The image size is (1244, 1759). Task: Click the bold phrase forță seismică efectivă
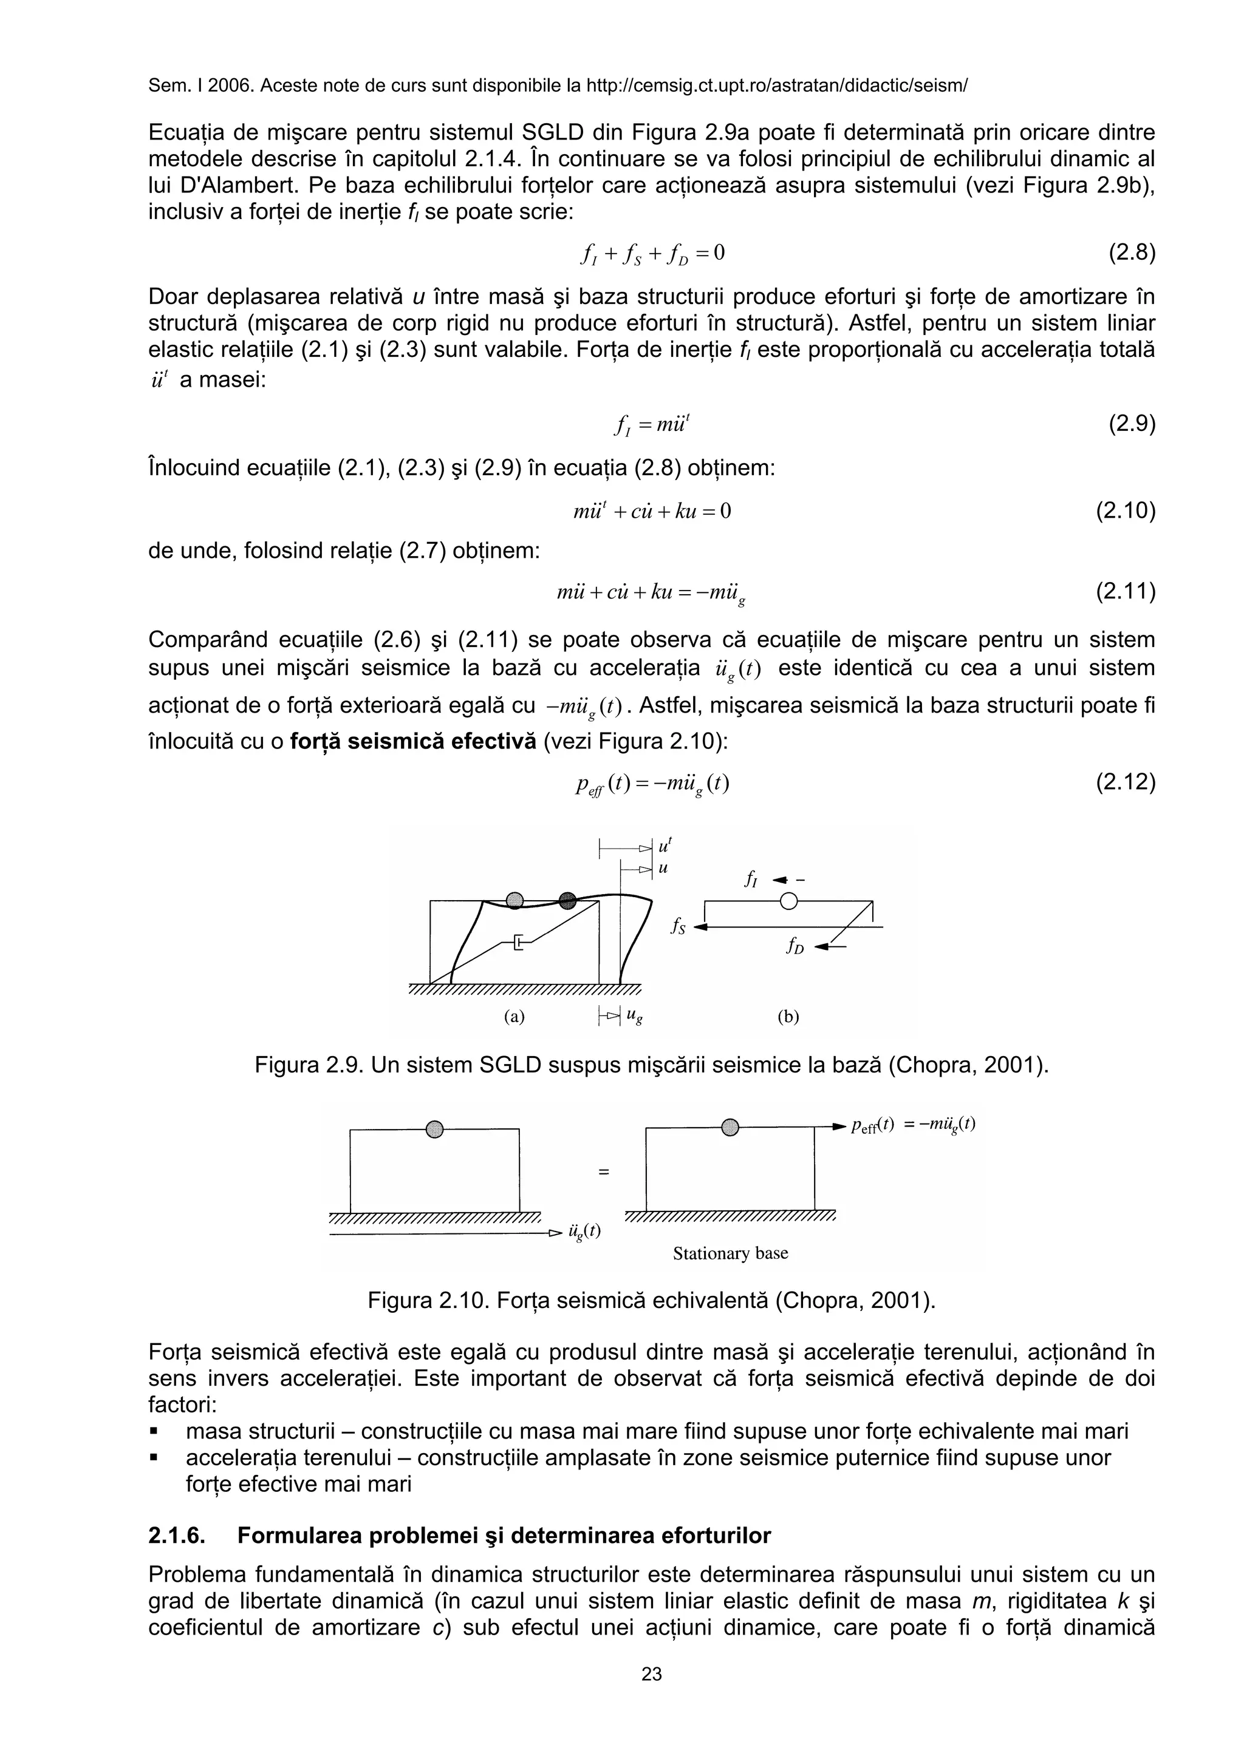tap(413, 742)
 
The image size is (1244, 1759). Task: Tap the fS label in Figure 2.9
tap(677, 927)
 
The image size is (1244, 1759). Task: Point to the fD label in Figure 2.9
tap(795, 947)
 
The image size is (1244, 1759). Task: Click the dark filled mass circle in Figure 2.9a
tap(567, 900)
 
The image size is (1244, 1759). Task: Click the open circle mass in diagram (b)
tap(788, 901)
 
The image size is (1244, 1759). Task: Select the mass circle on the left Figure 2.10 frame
tap(434, 1129)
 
